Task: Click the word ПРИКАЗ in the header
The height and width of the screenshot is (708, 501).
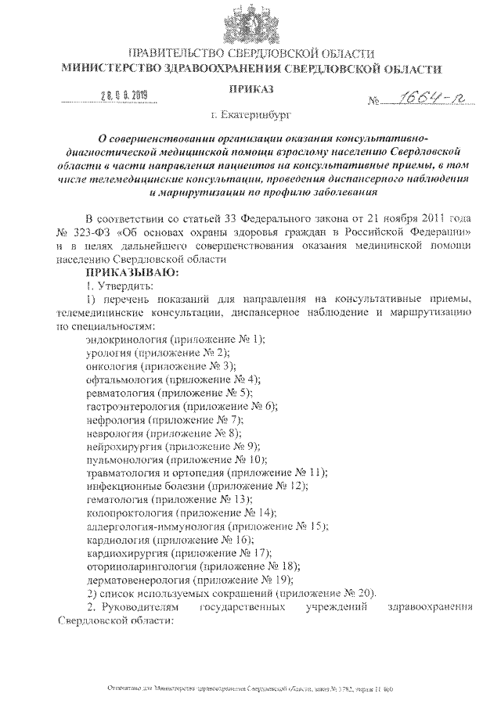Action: [250, 91]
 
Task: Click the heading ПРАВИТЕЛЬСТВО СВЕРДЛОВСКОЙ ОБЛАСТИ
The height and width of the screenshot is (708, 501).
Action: [250, 53]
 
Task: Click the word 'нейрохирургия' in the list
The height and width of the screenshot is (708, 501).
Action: [121, 445]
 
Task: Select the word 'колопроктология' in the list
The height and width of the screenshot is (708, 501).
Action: [127, 512]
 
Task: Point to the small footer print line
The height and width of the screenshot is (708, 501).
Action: [250, 691]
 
